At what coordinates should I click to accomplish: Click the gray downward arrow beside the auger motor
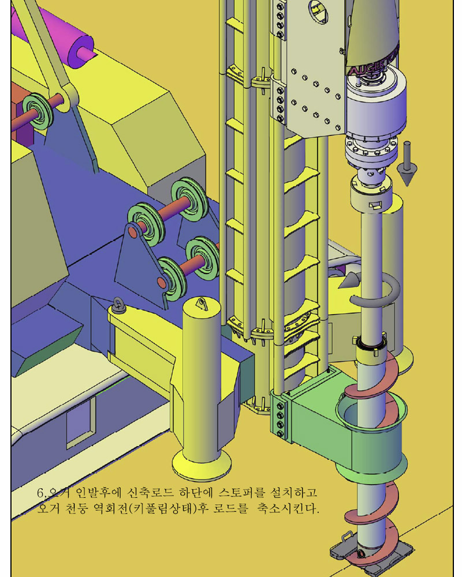point(407,163)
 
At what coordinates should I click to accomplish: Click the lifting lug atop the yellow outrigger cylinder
point(202,304)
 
